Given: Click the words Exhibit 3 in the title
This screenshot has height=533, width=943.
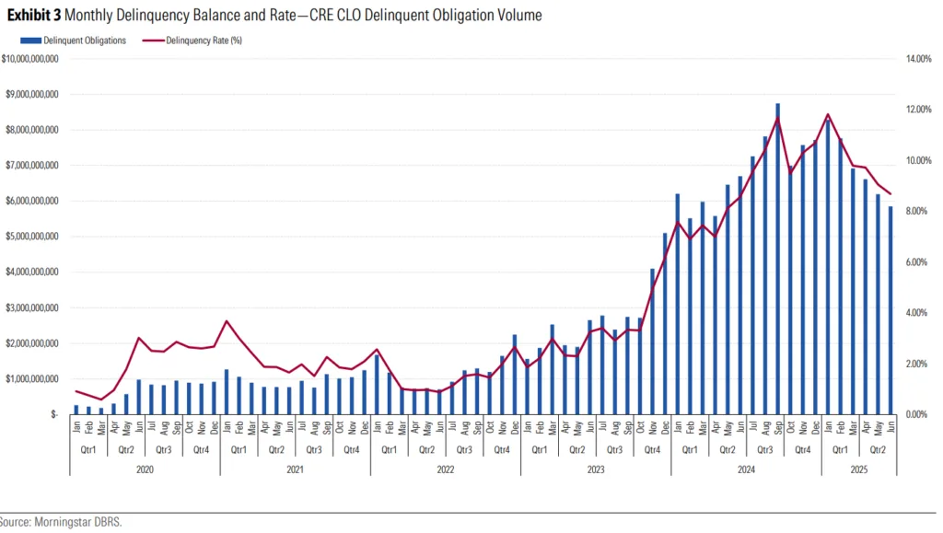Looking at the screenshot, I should pos(35,16).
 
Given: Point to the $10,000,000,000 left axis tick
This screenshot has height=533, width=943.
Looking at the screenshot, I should pos(32,59).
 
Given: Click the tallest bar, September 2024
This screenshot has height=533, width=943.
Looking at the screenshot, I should pos(778,258).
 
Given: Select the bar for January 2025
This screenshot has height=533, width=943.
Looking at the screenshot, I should pos(828,267).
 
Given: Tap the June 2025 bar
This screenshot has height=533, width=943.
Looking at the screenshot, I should pos(891,310).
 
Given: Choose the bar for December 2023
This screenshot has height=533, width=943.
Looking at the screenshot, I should pos(665,324).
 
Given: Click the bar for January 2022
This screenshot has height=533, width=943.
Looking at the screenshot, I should pos(377,385).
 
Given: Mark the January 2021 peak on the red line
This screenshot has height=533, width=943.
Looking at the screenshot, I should pos(227,321).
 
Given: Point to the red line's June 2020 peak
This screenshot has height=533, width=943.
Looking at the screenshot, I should pos(139,338).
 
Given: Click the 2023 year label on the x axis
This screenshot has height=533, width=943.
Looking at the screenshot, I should pos(595,469).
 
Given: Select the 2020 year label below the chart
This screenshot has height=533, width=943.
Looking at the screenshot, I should pos(145,469).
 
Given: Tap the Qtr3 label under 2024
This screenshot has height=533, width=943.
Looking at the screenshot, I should pos(765,450).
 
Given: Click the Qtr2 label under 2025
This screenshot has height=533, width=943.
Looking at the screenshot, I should pos(878,450).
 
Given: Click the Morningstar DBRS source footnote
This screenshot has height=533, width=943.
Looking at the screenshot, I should pos(61,522).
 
